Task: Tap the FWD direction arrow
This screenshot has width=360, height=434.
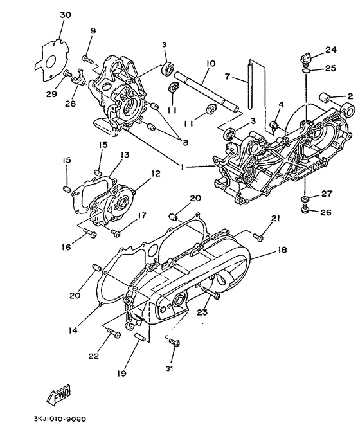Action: (58, 393)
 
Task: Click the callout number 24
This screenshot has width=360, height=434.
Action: (330, 50)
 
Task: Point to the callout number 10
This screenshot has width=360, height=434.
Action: (210, 63)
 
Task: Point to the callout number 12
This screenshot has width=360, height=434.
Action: (155, 174)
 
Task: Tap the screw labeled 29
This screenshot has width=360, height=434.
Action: (66, 75)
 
